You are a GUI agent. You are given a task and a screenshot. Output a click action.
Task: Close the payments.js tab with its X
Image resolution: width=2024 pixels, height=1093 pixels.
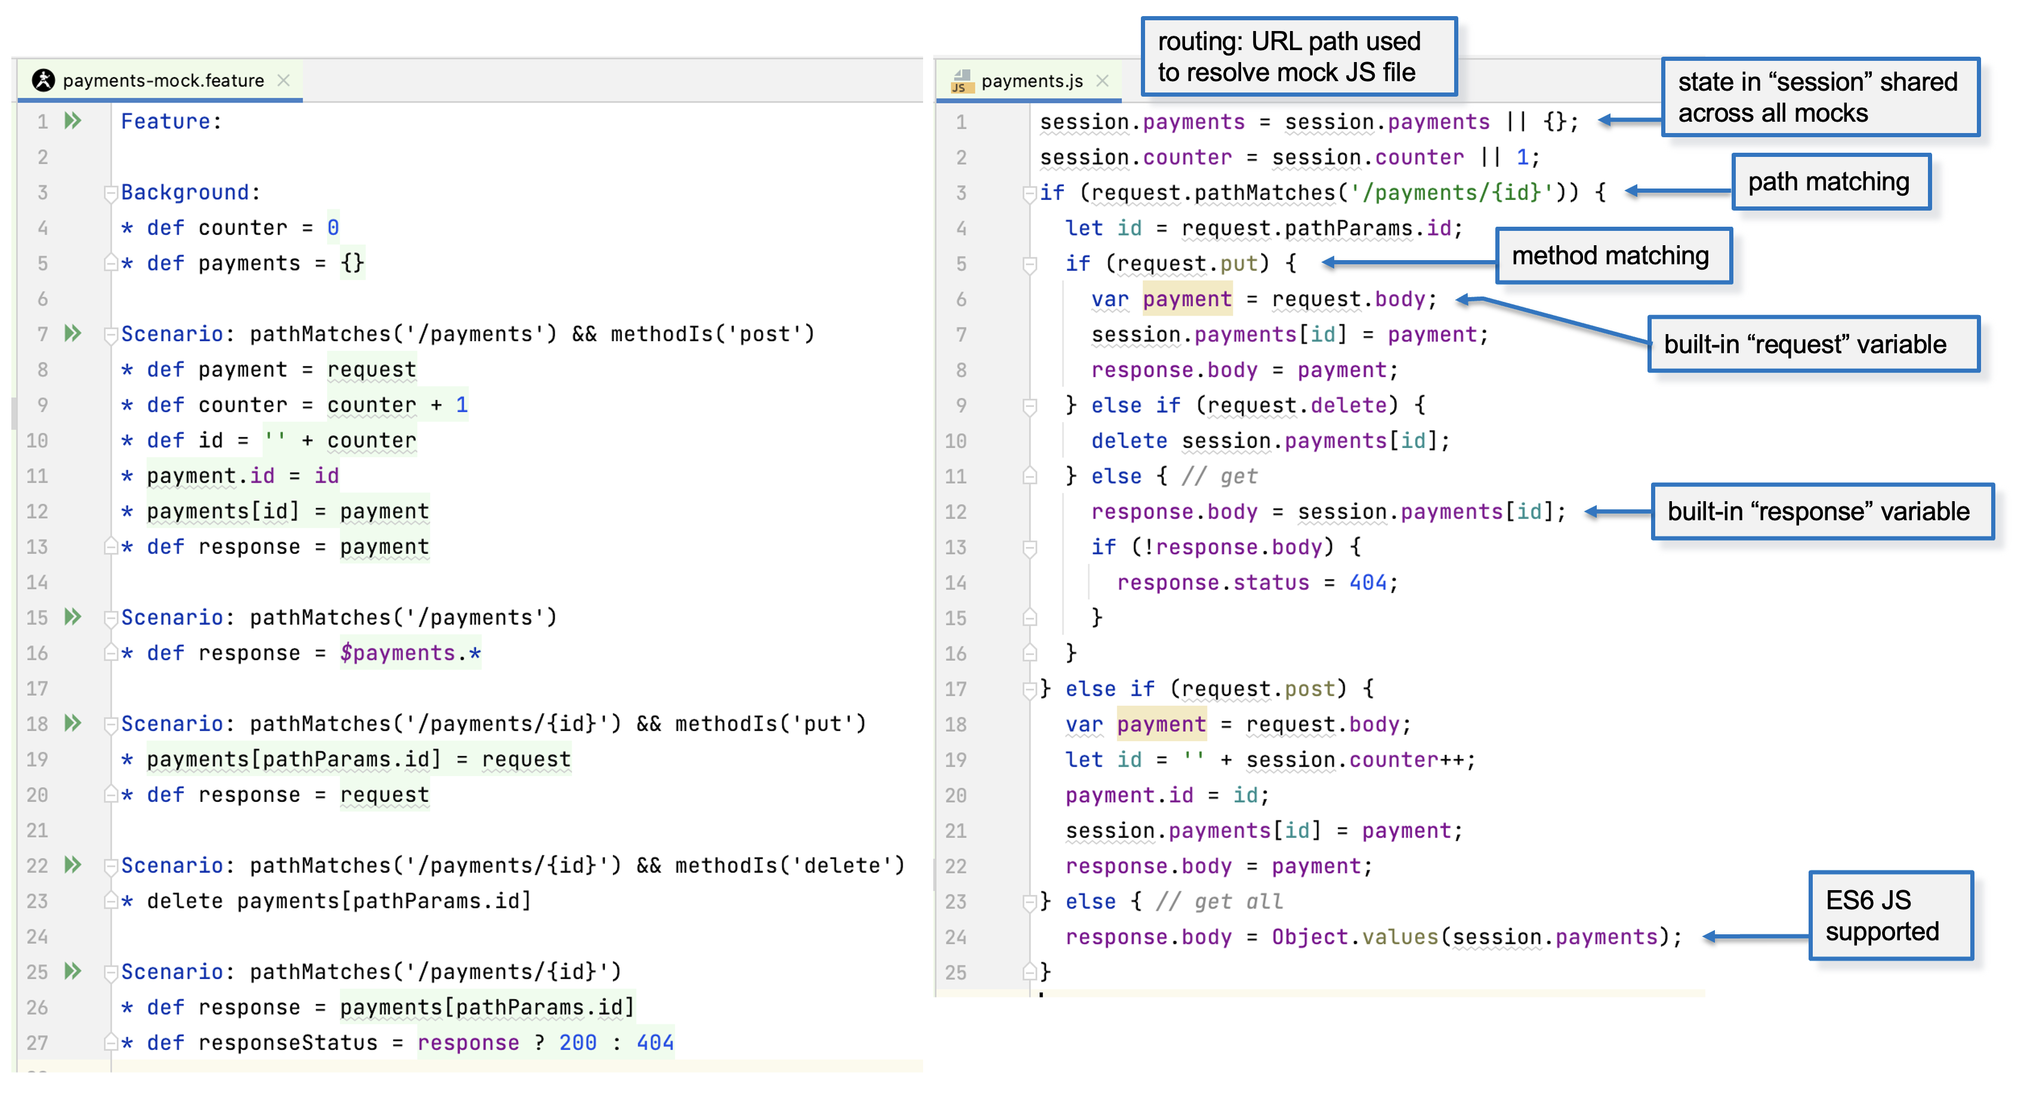(x=1102, y=81)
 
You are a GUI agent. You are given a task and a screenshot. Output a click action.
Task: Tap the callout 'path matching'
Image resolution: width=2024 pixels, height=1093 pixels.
(x=1830, y=181)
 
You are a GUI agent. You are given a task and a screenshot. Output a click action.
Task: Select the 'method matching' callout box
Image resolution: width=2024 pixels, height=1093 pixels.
(x=1612, y=255)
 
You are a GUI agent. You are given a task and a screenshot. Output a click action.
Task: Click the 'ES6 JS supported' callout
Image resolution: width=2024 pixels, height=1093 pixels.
(x=1890, y=915)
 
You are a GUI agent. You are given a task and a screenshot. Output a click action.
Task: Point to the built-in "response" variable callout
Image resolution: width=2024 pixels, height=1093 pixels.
(x=1821, y=511)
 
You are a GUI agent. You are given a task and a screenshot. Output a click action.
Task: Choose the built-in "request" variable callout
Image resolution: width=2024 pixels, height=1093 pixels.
(x=1813, y=344)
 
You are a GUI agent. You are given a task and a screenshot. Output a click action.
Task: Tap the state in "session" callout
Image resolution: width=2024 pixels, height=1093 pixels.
(x=1820, y=97)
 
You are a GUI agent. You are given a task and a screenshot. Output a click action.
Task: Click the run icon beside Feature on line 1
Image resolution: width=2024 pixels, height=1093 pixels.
(x=73, y=121)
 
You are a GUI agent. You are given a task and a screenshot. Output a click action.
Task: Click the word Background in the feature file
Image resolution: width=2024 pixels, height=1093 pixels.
(x=184, y=193)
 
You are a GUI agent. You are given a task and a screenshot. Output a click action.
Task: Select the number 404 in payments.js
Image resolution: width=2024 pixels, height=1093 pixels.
(x=1368, y=582)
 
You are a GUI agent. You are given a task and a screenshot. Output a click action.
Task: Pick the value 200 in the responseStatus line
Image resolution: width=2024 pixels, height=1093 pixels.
(x=578, y=1043)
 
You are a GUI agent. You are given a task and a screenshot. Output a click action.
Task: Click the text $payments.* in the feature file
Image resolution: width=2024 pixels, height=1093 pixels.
(x=410, y=653)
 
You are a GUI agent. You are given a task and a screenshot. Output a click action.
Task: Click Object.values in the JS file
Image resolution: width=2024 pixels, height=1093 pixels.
(x=1355, y=937)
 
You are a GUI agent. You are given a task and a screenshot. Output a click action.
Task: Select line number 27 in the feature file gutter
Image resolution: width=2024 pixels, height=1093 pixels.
(x=37, y=1043)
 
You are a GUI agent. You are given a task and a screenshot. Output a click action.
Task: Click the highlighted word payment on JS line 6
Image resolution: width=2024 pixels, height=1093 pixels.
(x=1187, y=298)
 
